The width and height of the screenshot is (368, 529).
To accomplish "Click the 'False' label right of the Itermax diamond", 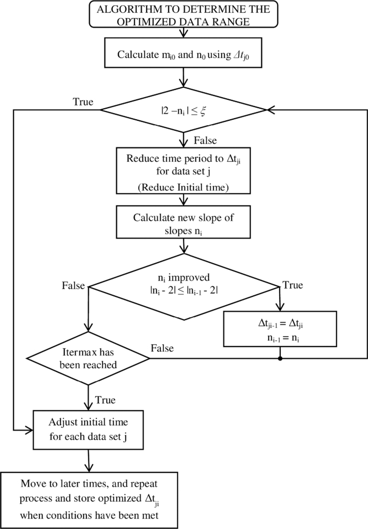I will click(162, 348).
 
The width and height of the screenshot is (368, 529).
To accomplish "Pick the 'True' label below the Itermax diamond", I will click(105, 400).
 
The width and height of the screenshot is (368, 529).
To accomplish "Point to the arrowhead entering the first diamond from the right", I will click(270, 110).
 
